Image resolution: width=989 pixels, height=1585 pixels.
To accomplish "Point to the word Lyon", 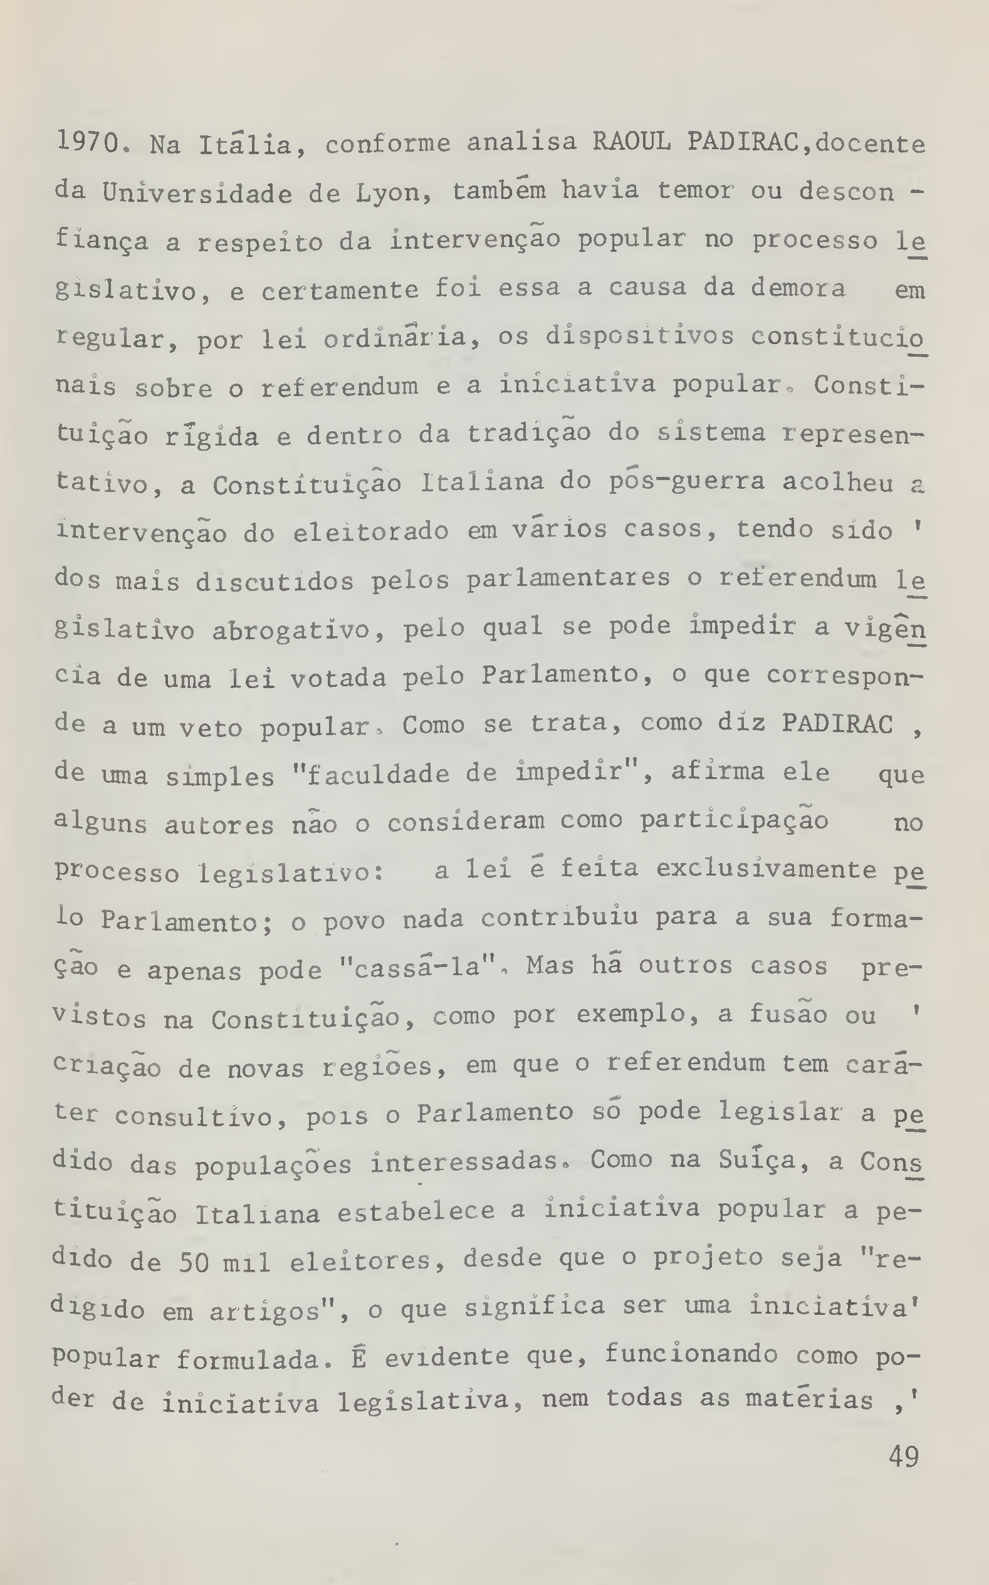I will point(392,194).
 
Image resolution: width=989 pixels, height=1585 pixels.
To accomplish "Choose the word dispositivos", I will point(640,337).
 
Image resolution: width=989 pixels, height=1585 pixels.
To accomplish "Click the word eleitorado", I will point(370,531).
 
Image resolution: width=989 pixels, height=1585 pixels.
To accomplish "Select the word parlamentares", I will point(568,579).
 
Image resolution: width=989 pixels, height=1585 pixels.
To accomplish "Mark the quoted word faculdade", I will point(377,774).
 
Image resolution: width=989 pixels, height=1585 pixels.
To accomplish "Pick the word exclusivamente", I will point(766,870).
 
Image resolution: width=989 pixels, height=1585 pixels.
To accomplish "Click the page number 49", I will point(903,1457).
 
